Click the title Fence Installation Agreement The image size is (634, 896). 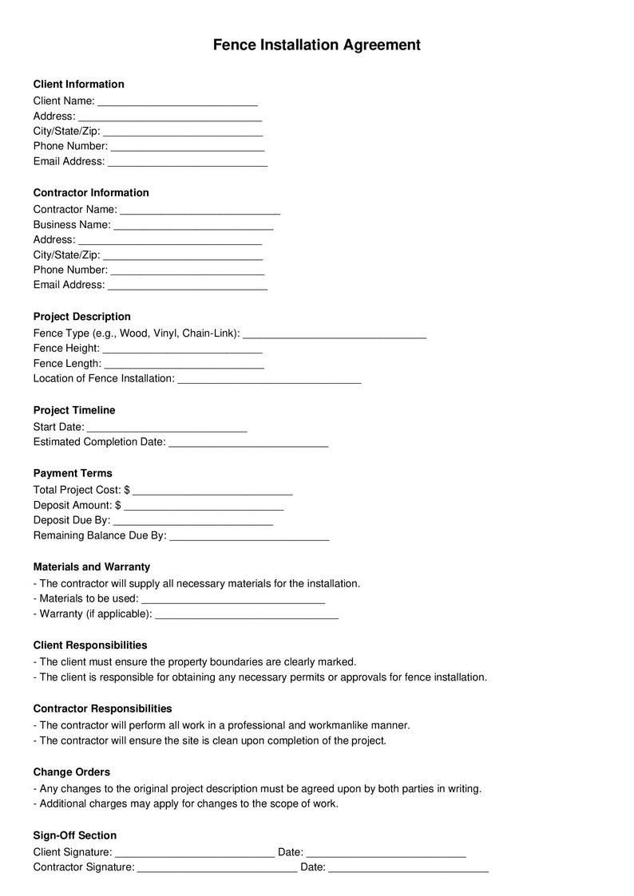tap(316, 45)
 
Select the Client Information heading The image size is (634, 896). tap(78, 84)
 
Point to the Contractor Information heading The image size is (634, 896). tap(91, 192)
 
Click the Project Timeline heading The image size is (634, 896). tap(74, 410)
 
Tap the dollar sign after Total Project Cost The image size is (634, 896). tap(127, 490)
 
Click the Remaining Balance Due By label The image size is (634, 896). tap(100, 535)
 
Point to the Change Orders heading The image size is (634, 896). tap(72, 772)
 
